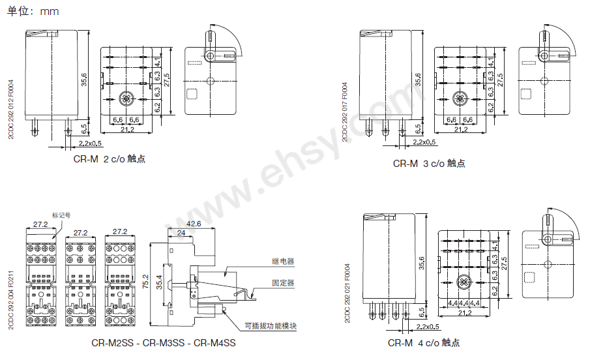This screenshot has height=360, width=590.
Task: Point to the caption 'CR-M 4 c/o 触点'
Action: coord(424,343)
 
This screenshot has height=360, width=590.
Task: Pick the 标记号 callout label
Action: coord(61,214)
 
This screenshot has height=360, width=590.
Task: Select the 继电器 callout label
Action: coord(283,261)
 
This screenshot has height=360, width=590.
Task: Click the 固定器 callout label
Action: coord(283,282)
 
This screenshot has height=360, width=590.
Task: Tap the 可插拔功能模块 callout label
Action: coord(269,326)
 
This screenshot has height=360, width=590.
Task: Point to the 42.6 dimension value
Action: coord(193,224)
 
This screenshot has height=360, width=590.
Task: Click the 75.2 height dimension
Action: coord(145,282)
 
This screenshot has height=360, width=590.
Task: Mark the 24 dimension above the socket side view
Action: coord(181,233)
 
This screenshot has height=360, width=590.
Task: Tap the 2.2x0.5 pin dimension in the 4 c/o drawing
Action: coord(427,326)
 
